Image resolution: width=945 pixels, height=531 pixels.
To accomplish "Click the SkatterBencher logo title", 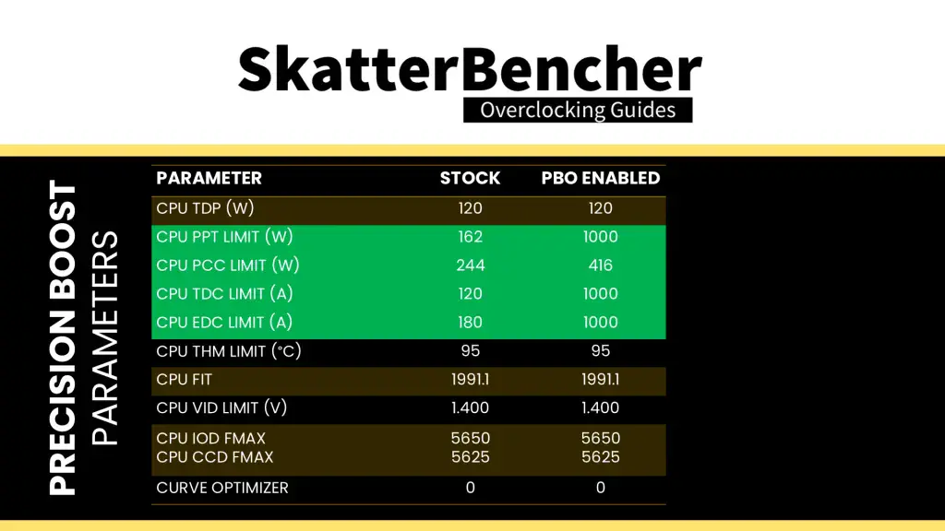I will [x=469, y=71].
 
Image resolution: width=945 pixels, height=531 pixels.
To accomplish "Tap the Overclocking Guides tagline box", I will [x=578, y=111].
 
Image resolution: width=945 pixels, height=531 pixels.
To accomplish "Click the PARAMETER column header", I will [x=209, y=179].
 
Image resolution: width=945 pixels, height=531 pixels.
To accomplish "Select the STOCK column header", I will [x=470, y=179].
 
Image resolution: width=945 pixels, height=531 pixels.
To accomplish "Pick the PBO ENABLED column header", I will [x=601, y=179].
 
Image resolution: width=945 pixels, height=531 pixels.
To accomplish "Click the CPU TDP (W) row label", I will [x=205, y=208].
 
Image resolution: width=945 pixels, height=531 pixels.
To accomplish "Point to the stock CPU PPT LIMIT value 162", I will [x=470, y=237].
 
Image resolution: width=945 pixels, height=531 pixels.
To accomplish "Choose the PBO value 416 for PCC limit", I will [x=601, y=265].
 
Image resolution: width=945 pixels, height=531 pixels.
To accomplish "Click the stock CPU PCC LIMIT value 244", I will [x=470, y=265].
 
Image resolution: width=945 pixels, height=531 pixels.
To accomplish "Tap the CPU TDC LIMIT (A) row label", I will [x=224, y=294].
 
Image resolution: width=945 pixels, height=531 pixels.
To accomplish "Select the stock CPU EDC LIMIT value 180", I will [x=470, y=323].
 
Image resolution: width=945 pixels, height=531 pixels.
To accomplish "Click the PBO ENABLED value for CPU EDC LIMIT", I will [x=601, y=323].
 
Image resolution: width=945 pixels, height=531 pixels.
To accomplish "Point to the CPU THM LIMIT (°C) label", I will [x=229, y=351].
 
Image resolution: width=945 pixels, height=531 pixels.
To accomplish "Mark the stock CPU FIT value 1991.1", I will [x=470, y=380].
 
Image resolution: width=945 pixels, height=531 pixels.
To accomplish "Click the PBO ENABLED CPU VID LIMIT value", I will [x=601, y=407].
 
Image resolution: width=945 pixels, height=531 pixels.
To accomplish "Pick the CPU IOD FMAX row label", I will [x=211, y=439].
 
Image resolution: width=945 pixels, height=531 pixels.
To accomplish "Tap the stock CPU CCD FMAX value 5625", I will [x=470, y=457].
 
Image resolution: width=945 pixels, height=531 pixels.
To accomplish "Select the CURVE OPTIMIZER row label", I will [x=222, y=488].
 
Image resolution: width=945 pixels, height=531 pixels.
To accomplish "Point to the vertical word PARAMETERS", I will [x=107, y=338].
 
